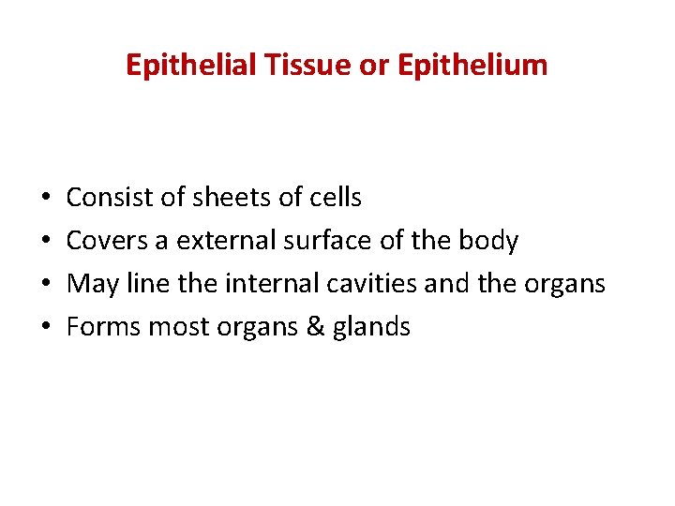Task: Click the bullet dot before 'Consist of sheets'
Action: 45,199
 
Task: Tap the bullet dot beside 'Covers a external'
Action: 45,242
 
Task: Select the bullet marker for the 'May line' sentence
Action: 45,284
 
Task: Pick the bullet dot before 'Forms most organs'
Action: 45,327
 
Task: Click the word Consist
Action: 103,198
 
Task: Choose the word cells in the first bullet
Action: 333,198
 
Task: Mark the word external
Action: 221,241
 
